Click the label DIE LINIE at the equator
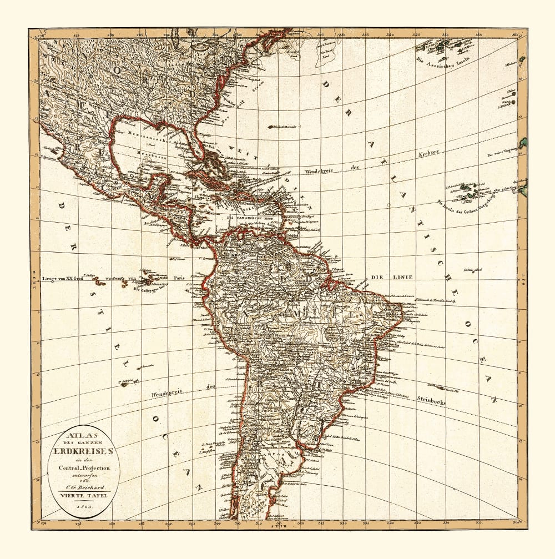pos(385,277)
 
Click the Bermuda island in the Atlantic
pos(271,127)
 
